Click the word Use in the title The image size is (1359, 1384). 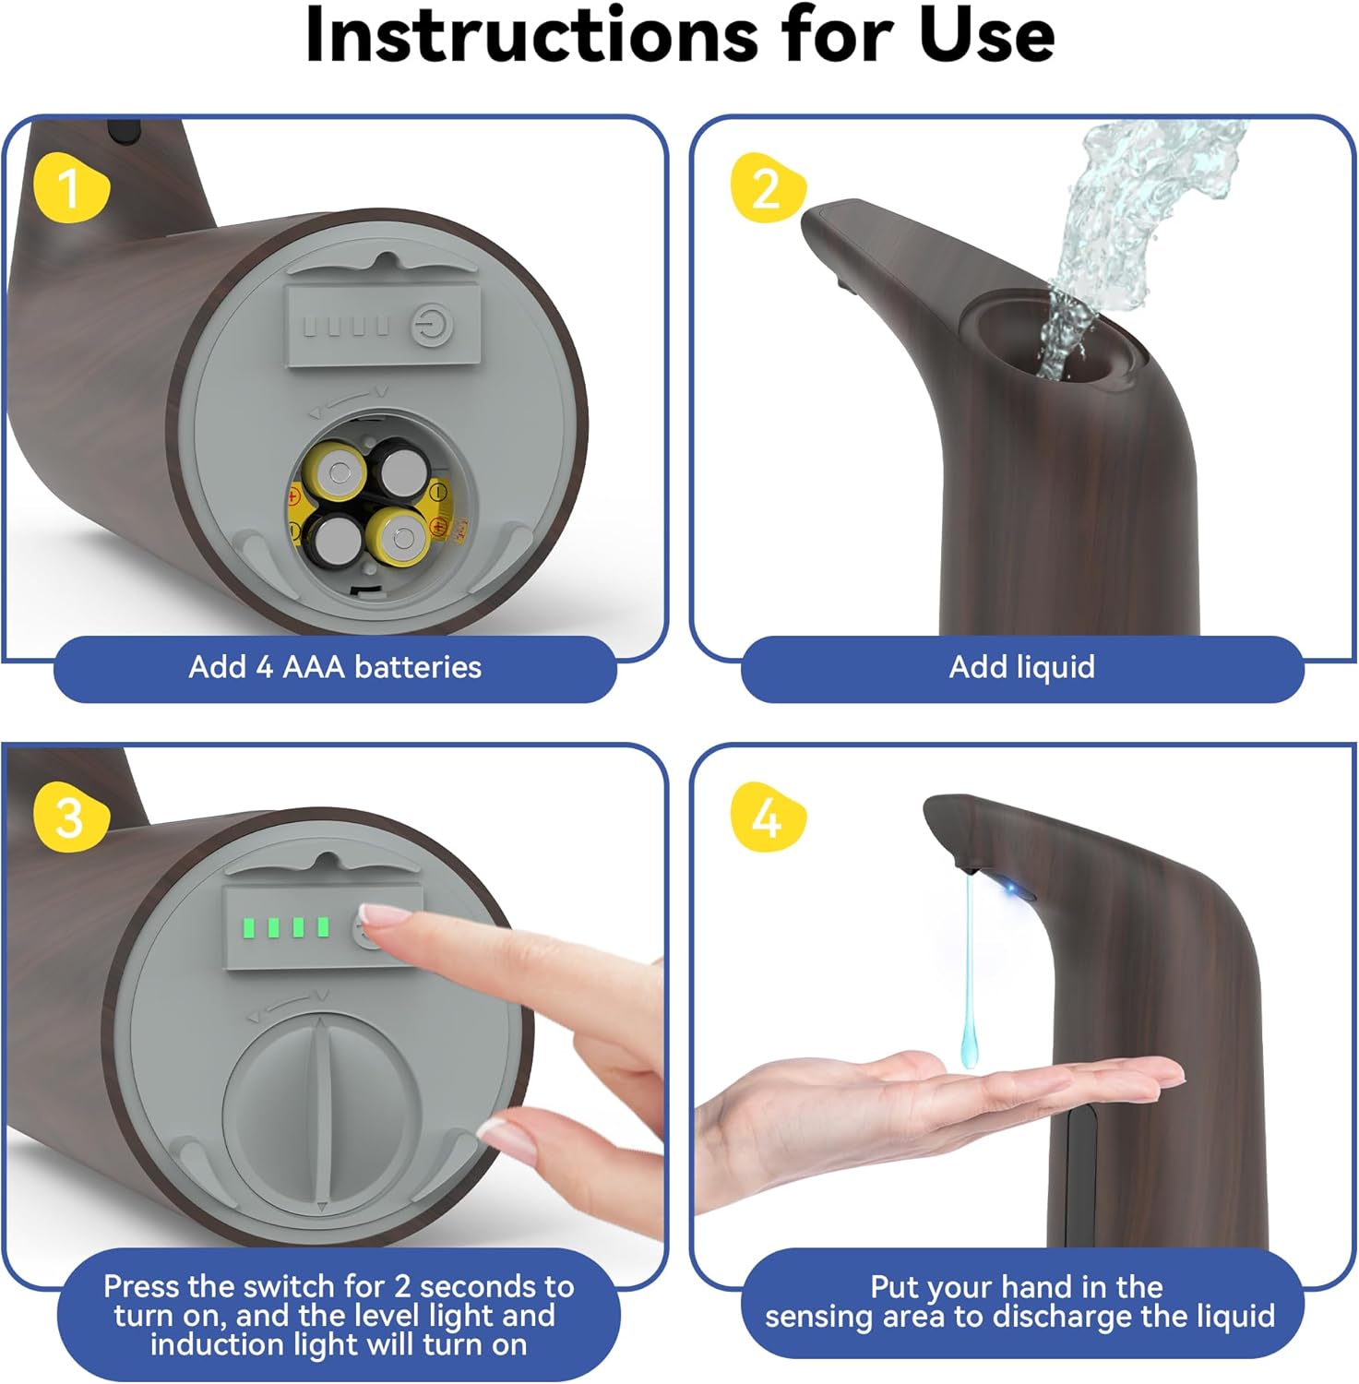point(987,35)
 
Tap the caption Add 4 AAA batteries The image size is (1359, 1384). point(335,666)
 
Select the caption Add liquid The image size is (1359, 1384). point(1022,666)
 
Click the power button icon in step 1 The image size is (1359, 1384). point(430,326)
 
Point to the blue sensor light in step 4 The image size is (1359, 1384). point(1015,890)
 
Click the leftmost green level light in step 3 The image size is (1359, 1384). point(248,927)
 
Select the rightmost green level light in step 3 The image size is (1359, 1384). point(322,926)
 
